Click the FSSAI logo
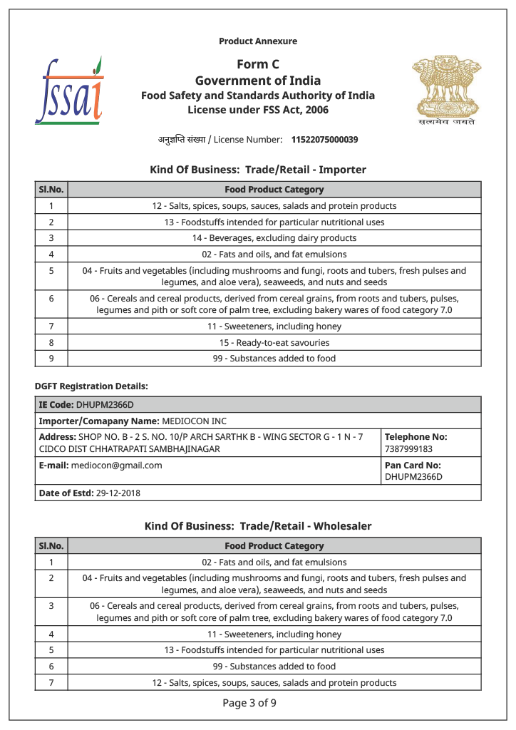coord(69,91)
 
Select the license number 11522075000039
coord(324,140)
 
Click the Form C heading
coord(258,65)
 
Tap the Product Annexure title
coord(258,41)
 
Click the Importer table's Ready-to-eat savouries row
coord(274,342)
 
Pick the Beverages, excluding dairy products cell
coord(274,238)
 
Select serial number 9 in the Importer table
coord(51,358)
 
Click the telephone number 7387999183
coord(408,449)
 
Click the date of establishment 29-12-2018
coord(118,493)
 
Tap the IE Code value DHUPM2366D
coord(105,405)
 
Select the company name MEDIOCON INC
coord(194,421)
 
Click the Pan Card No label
coord(413,465)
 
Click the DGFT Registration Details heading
coord(91,386)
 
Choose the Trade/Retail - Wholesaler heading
coord(258,526)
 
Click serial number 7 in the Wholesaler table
coord(51,682)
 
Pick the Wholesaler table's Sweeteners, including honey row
coord(274,634)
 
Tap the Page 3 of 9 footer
coord(249,703)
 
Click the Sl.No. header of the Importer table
coord(51,190)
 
